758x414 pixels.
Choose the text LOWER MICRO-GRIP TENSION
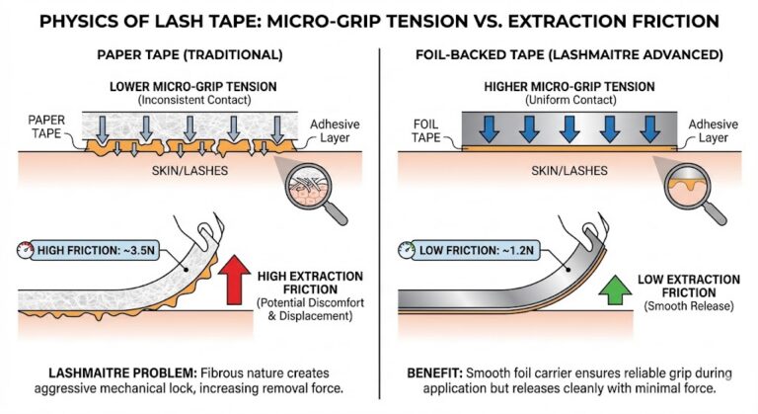pos(190,86)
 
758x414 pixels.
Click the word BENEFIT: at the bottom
pos(432,373)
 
